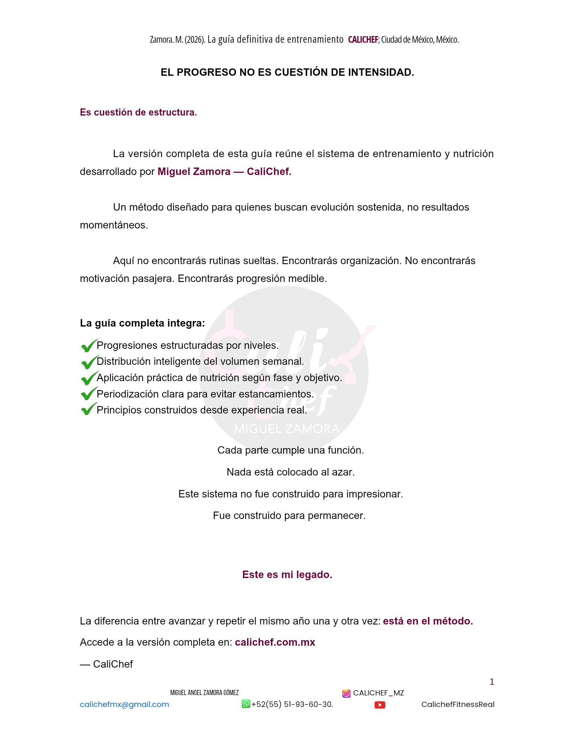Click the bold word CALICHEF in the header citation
click(363, 39)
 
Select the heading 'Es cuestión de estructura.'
click(138, 112)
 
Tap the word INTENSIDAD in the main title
click(380, 72)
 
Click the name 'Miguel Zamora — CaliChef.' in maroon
click(224, 171)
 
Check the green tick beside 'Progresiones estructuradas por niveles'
click(89, 345)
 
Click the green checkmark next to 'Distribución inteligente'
click(89, 362)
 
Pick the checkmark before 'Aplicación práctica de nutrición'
click(89, 378)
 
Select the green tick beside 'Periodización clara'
click(89, 394)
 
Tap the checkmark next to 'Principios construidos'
click(89, 409)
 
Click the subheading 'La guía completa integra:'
click(142, 323)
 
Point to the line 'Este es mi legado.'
click(287, 574)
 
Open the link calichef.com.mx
click(275, 642)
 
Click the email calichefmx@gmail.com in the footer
click(124, 704)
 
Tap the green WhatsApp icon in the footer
click(246, 704)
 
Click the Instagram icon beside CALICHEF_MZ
click(346, 693)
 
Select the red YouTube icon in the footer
click(380, 705)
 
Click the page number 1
click(492, 682)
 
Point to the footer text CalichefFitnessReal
click(458, 704)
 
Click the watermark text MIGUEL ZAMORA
click(287, 429)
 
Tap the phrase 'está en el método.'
click(428, 621)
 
